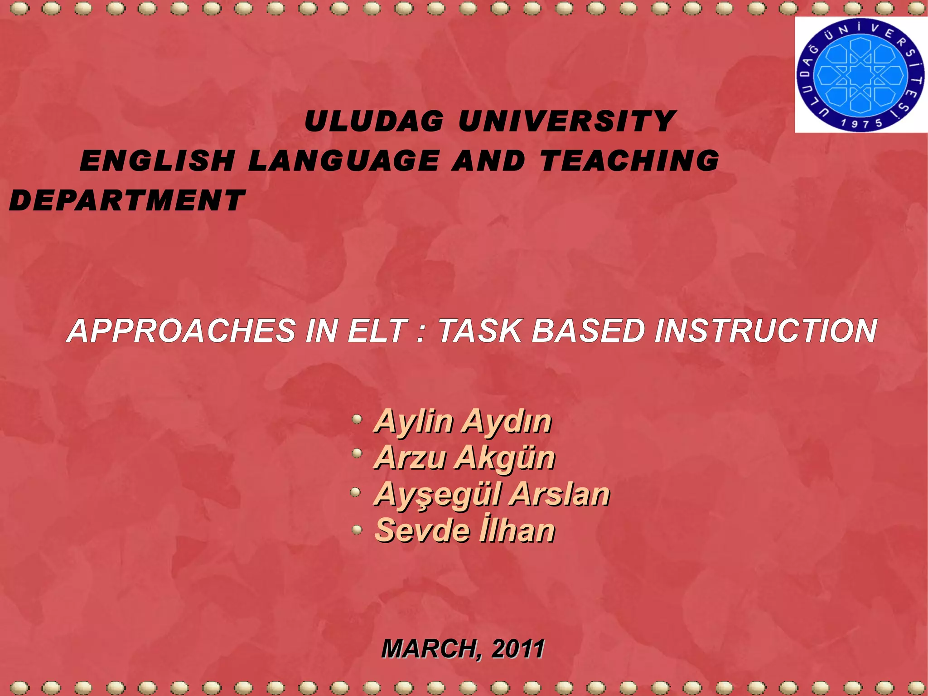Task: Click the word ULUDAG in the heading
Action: pos(374,122)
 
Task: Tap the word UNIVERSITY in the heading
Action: pos(567,122)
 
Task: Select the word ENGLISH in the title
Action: pos(157,161)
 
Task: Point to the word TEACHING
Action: pos(629,161)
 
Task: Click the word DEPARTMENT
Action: pos(127,201)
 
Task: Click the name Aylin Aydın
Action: pos(463,421)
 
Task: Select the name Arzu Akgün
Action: pos(464,458)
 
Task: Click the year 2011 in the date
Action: pos(518,648)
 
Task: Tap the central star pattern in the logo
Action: pos(860,75)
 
